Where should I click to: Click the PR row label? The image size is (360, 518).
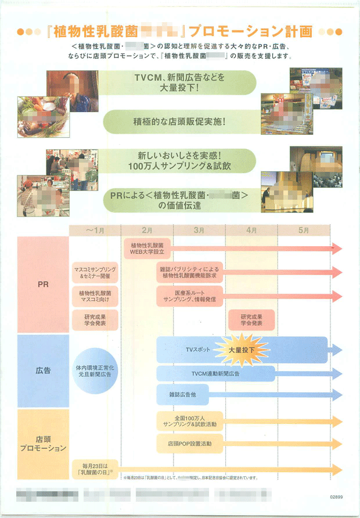[x=42, y=285]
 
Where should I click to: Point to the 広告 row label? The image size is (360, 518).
[x=42, y=370]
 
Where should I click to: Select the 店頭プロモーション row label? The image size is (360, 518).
[x=43, y=443]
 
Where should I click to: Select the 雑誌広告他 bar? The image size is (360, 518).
[x=182, y=394]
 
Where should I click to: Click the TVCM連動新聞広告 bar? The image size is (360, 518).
[x=215, y=373]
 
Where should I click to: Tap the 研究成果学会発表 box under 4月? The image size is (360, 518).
[x=251, y=319]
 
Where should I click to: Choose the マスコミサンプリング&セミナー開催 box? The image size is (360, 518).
[x=95, y=273]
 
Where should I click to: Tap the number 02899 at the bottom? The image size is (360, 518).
[x=337, y=497]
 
